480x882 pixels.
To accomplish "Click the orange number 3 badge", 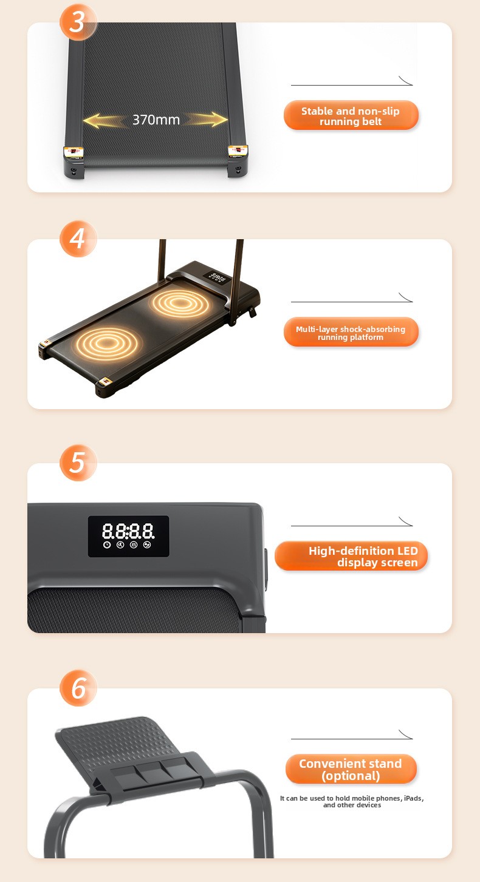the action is click(x=78, y=21).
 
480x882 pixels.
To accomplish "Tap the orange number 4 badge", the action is click(x=78, y=239).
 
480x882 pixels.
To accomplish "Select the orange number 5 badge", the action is click(x=78, y=463).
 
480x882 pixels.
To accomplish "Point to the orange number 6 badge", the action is click(x=78, y=688).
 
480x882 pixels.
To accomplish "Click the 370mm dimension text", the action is click(x=156, y=120).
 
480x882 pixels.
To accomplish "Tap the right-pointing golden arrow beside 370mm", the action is click(x=206, y=120).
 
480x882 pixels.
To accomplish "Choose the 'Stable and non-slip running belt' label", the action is click(x=351, y=115).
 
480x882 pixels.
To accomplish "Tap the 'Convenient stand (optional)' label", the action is click(x=351, y=769).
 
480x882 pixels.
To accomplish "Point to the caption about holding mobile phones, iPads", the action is click(x=352, y=801).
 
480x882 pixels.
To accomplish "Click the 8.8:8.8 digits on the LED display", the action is click(x=128, y=531).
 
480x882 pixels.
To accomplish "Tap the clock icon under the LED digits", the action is click(x=107, y=545).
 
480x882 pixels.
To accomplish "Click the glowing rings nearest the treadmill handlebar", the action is click(x=179, y=303).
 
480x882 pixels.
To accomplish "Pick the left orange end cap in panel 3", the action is click(x=74, y=151).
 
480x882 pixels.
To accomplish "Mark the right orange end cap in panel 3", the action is click(x=238, y=151).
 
